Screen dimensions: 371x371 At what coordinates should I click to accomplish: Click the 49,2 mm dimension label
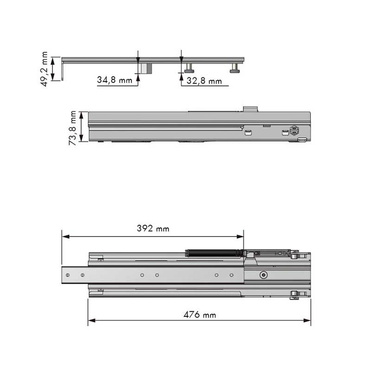tap(44, 69)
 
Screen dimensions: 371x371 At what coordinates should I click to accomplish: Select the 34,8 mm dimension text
tap(115, 80)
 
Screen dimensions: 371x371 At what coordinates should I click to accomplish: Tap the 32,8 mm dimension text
tap(204, 81)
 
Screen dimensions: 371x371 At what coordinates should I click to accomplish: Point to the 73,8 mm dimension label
tap(72, 128)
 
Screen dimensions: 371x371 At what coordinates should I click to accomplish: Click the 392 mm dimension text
tap(153, 228)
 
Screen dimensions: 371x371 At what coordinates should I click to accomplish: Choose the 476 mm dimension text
tap(200, 315)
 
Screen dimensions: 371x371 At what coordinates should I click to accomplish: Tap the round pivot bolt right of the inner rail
tap(263, 275)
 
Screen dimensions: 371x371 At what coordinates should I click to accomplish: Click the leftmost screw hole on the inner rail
tap(68, 275)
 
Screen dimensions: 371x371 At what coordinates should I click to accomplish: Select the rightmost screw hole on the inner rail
tap(231, 275)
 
